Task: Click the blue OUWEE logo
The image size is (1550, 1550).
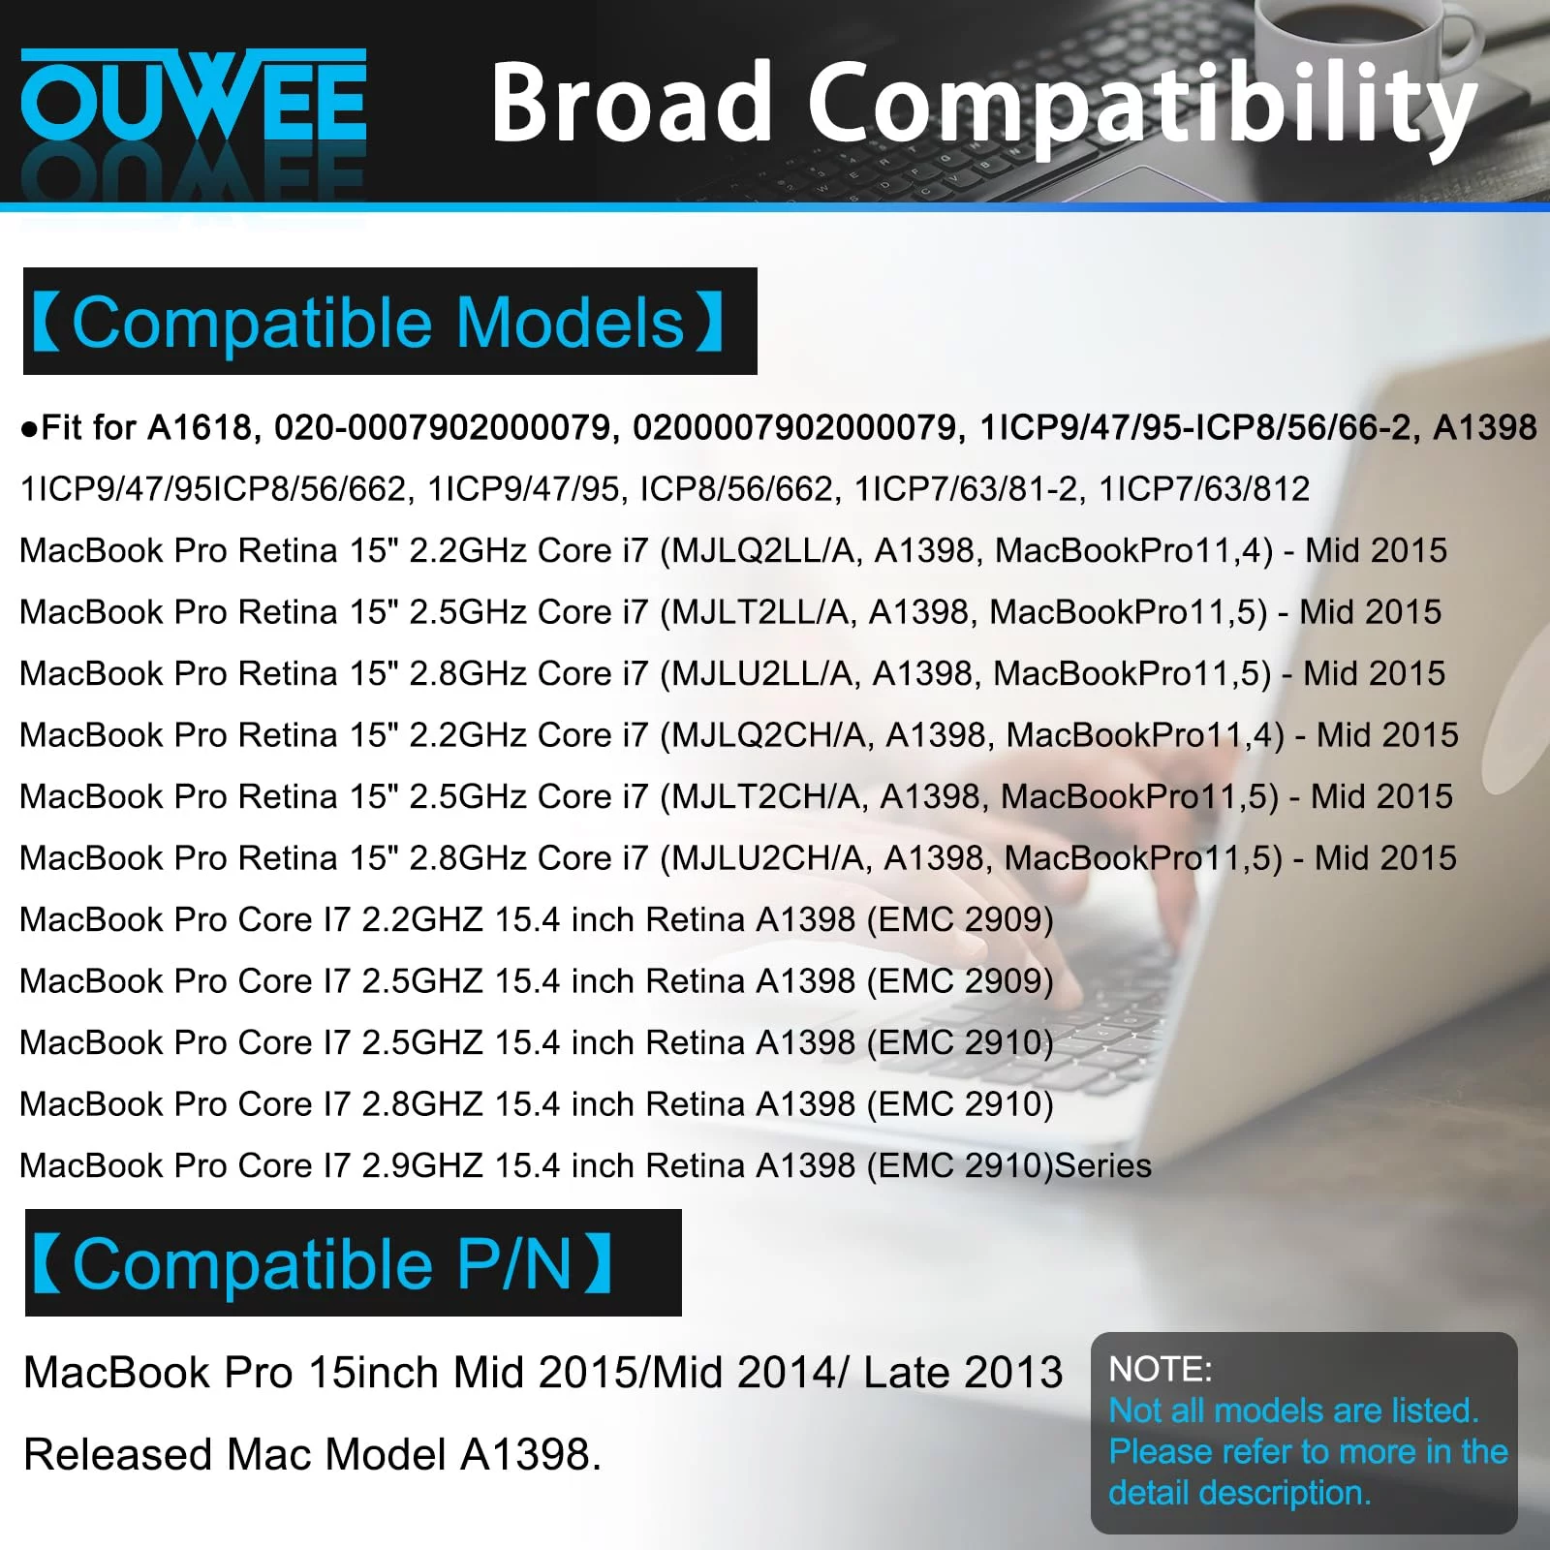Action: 194,97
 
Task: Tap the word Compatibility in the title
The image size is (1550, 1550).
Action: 1143,107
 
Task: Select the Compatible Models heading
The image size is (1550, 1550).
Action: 379,322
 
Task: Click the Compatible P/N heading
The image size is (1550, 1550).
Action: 323,1263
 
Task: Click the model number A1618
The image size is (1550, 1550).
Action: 203,427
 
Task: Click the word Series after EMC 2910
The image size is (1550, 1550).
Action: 1103,1165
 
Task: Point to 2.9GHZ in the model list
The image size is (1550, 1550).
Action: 422,1165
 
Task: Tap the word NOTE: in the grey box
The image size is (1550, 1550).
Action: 1161,1369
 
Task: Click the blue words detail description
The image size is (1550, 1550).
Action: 1240,1493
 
